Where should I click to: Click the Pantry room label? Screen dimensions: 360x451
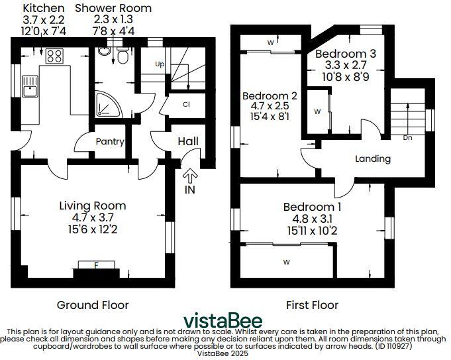(x=110, y=141)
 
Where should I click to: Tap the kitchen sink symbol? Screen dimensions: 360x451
(x=30, y=84)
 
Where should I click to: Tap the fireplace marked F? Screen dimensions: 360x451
(x=96, y=266)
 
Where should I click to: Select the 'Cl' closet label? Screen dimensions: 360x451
(x=187, y=105)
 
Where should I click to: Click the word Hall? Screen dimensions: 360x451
(x=187, y=141)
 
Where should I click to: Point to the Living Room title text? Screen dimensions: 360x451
(x=92, y=206)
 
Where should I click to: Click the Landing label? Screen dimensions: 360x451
(x=373, y=158)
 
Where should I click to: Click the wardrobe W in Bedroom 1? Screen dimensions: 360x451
(x=287, y=262)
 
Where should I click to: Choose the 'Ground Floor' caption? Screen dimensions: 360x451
(x=93, y=305)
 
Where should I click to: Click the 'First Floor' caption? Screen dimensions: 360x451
(x=311, y=305)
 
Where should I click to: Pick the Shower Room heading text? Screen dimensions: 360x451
(x=113, y=9)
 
